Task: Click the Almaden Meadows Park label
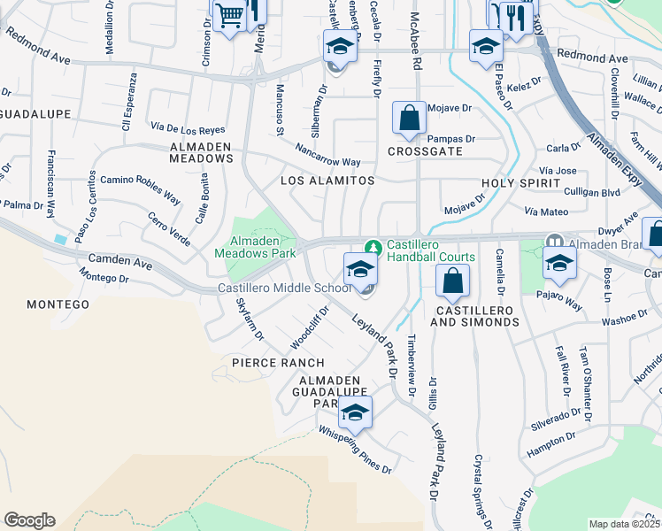click(x=255, y=246)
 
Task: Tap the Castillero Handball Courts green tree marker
click(x=373, y=245)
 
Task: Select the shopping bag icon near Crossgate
click(x=408, y=118)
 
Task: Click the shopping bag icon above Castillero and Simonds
click(x=451, y=282)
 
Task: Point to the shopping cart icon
click(x=229, y=15)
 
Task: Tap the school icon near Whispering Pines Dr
click(x=355, y=412)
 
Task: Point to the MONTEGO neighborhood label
click(x=58, y=304)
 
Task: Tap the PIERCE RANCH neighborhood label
click(x=278, y=363)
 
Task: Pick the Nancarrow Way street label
click(x=328, y=156)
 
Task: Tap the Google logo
click(x=29, y=520)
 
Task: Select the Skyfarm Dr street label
click(x=249, y=319)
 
